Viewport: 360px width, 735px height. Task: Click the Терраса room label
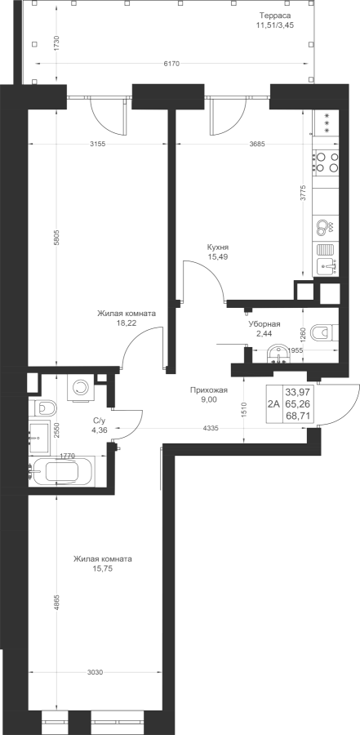[275, 15]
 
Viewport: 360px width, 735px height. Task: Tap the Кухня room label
[218, 247]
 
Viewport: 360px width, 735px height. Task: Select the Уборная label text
[264, 324]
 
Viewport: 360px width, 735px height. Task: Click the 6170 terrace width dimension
[171, 64]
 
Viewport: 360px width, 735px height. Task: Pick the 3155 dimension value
[97, 144]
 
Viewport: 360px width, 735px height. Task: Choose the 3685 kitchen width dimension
[257, 144]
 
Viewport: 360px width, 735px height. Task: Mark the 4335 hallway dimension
[210, 428]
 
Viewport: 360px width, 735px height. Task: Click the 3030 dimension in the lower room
[96, 672]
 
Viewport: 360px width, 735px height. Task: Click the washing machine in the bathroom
[81, 387]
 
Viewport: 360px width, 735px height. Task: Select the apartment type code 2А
[273, 403]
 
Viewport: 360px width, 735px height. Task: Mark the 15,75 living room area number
[102, 568]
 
